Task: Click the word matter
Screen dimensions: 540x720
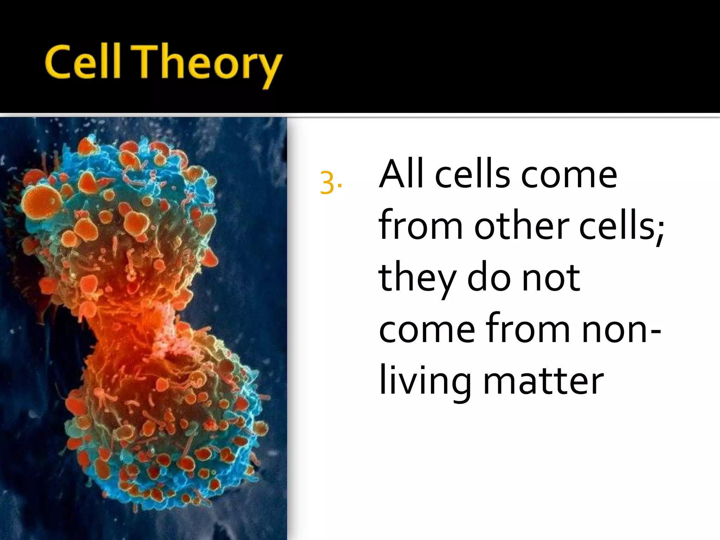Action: click(x=544, y=382)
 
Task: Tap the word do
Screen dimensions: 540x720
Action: click(x=489, y=278)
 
